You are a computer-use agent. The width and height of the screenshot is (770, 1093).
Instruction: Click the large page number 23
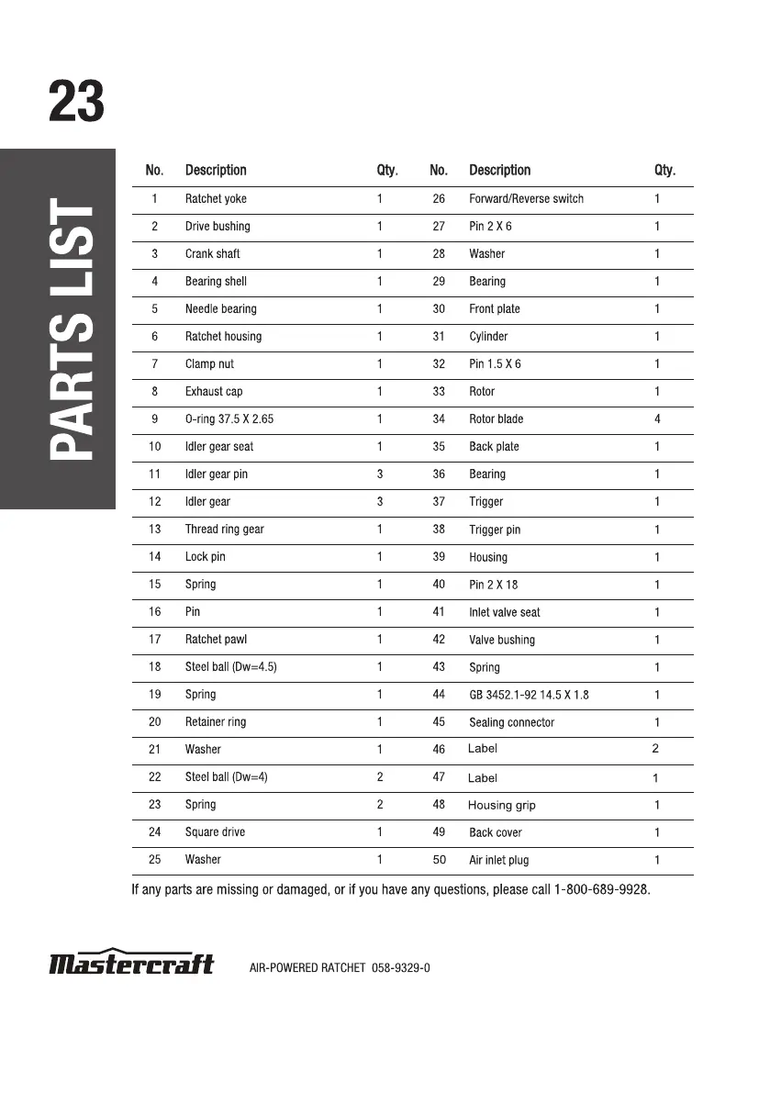point(76,102)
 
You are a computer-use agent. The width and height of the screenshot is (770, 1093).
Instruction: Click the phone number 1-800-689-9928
point(602,889)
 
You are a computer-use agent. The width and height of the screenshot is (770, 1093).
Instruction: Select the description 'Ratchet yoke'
point(216,199)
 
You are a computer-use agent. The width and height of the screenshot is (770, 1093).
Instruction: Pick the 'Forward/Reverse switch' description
point(526,199)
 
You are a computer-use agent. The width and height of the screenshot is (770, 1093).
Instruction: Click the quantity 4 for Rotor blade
point(657,419)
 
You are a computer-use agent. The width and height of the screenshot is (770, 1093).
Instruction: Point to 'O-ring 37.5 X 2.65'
point(229,419)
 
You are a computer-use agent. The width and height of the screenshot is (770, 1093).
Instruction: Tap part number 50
point(439,860)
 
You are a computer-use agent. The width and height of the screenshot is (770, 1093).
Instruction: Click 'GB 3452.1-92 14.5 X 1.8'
point(529,695)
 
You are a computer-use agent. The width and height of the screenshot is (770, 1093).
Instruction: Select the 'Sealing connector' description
point(511,722)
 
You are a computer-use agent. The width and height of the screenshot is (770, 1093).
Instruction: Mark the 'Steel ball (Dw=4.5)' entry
point(231,667)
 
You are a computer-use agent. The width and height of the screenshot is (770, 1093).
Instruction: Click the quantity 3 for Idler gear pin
point(380,474)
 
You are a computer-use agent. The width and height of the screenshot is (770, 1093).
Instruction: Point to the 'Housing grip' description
point(501,805)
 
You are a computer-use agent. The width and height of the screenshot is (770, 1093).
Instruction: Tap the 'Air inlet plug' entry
point(498,860)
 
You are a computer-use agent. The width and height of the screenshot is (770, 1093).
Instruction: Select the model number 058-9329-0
point(401,968)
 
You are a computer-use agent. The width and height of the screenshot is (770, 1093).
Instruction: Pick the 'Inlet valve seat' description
point(504,612)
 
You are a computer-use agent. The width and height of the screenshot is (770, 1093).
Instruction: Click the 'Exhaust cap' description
point(214,392)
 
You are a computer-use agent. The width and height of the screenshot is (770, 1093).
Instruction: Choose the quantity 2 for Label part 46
point(655,749)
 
